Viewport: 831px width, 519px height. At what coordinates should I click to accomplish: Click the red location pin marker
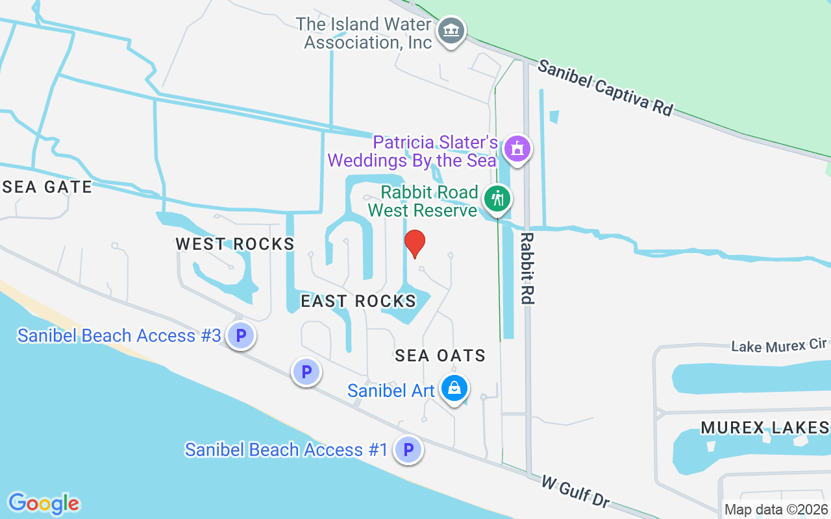click(x=415, y=244)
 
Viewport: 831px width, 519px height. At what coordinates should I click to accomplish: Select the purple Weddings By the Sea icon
click(x=517, y=149)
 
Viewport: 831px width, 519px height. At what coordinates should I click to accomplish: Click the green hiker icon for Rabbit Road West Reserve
click(x=498, y=199)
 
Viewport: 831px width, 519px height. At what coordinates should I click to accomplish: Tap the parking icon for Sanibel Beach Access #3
click(x=241, y=336)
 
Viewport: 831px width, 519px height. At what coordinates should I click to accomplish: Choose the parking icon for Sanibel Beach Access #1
click(x=408, y=450)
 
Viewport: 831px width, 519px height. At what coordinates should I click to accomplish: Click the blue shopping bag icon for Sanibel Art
click(x=454, y=389)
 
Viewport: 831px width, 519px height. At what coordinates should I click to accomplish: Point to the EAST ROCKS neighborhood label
click(x=358, y=301)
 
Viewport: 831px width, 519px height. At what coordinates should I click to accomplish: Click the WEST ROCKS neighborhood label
click(x=235, y=244)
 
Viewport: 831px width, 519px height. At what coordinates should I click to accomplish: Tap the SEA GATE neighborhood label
click(x=47, y=187)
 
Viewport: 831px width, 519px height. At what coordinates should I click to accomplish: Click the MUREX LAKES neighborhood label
click(x=765, y=428)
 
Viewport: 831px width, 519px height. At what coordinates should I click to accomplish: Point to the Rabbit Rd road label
click(x=527, y=268)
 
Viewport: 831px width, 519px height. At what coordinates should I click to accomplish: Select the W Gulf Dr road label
click(x=576, y=492)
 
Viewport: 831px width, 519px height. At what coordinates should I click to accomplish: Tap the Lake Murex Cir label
click(x=780, y=346)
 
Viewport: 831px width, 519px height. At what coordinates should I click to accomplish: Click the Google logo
click(x=44, y=503)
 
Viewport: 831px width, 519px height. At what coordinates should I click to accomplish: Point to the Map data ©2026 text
click(x=776, y=509)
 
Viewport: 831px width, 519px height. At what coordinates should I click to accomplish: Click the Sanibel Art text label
click(x=391, y=391)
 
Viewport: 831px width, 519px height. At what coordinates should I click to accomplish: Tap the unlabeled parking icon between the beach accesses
click(x=306, y=372)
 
